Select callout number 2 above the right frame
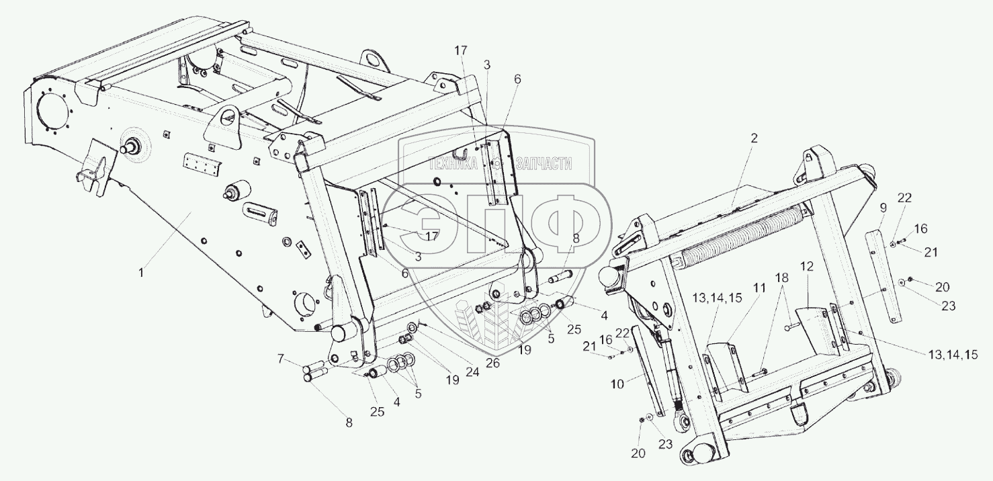(754, 139)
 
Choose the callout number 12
(806, 266)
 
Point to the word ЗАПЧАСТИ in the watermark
(545, 163)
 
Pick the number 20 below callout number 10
(638, 453)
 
